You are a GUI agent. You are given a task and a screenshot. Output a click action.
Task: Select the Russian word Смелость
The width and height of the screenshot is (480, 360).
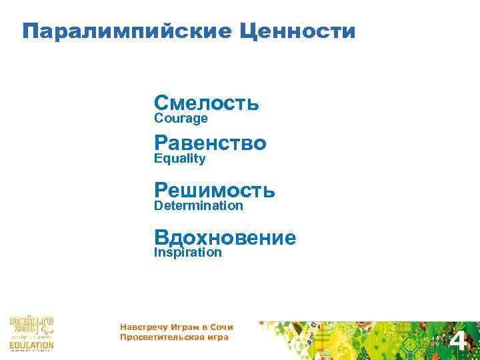pyautogui.click(x=206, y=103)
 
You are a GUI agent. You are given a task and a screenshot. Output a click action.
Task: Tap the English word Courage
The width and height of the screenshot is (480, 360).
pyautogui.click(x=181, y=119)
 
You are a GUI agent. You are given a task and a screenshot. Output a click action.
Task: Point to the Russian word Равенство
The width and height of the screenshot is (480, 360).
pyautogui.click(x=210, y=143)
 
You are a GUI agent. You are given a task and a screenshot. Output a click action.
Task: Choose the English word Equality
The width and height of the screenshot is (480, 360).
pyautogui.click(x=179, y=159)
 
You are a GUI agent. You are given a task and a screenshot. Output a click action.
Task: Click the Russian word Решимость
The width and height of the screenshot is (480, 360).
pyautogui.click(x=214, y=190)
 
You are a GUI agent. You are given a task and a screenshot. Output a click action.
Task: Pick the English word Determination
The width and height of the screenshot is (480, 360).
pyautogui.click(x=198, y=205)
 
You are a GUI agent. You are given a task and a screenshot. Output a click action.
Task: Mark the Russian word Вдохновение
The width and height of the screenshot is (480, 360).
pyautogui.click(x=225, y=237)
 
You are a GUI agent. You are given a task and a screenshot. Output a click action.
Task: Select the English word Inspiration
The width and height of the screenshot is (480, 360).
pyautogui.click(x=187, y=253)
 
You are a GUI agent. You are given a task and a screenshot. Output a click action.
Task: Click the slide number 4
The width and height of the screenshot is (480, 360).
pyautogui.click(x=458, y=342)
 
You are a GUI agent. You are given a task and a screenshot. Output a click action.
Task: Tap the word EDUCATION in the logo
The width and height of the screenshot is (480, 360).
pyautogui.click(x=31, y=345)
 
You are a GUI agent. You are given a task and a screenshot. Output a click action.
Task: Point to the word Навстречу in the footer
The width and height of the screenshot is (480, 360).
pyautogui.click(x=141, y=327)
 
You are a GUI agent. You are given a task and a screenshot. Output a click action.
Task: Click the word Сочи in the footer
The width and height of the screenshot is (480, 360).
pyautogui.click(x=221, y=327)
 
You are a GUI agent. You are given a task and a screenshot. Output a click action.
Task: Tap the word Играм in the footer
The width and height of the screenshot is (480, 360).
pyautogui.click(x=183, y=327)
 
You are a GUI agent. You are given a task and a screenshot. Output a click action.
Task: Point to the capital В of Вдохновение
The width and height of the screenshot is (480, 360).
pyautogui.click(x=161, y=237)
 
